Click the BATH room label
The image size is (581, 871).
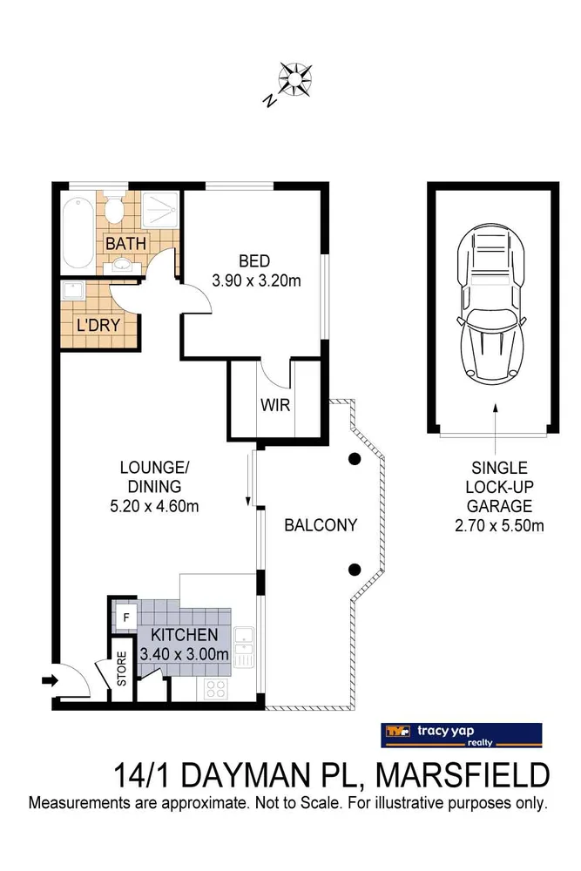(126, 243)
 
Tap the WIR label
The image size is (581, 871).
(274, 405)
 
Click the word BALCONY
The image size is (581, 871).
(321, 525)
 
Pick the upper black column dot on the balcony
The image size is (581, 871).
(355, 459)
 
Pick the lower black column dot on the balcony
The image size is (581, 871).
(355, 570)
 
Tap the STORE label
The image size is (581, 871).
(122, 669)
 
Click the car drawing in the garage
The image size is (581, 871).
(493, 305)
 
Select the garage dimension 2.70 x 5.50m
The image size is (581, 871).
(495, 525)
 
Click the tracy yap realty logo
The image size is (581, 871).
(462, 735)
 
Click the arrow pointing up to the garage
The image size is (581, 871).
(494, 418)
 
